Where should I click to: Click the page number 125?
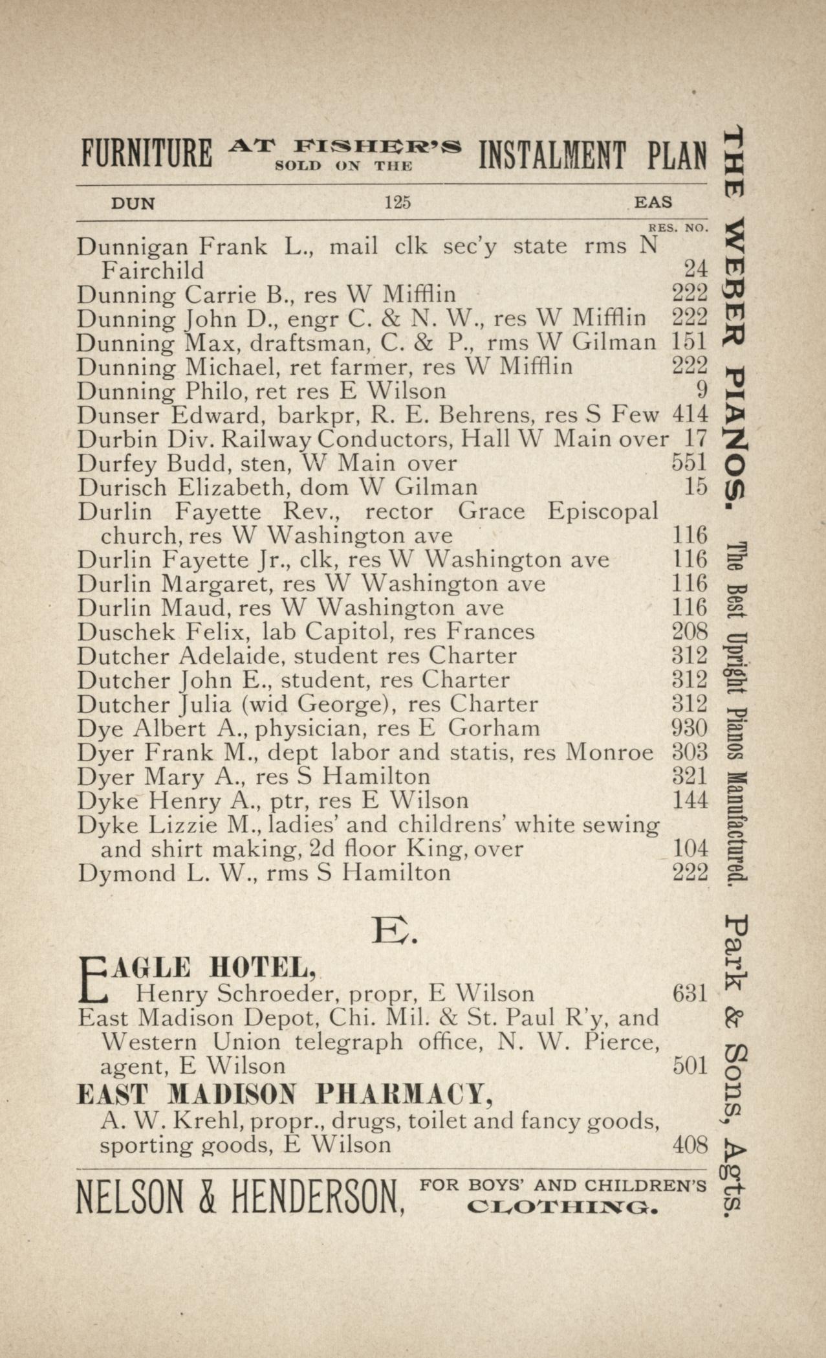397,203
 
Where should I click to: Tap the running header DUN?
133,203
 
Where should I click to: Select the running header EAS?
653,202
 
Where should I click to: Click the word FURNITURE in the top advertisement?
147,155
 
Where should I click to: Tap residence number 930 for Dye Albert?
690,728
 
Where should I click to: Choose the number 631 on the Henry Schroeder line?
690,993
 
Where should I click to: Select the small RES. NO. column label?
678,228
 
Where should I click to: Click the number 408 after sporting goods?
690,1144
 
